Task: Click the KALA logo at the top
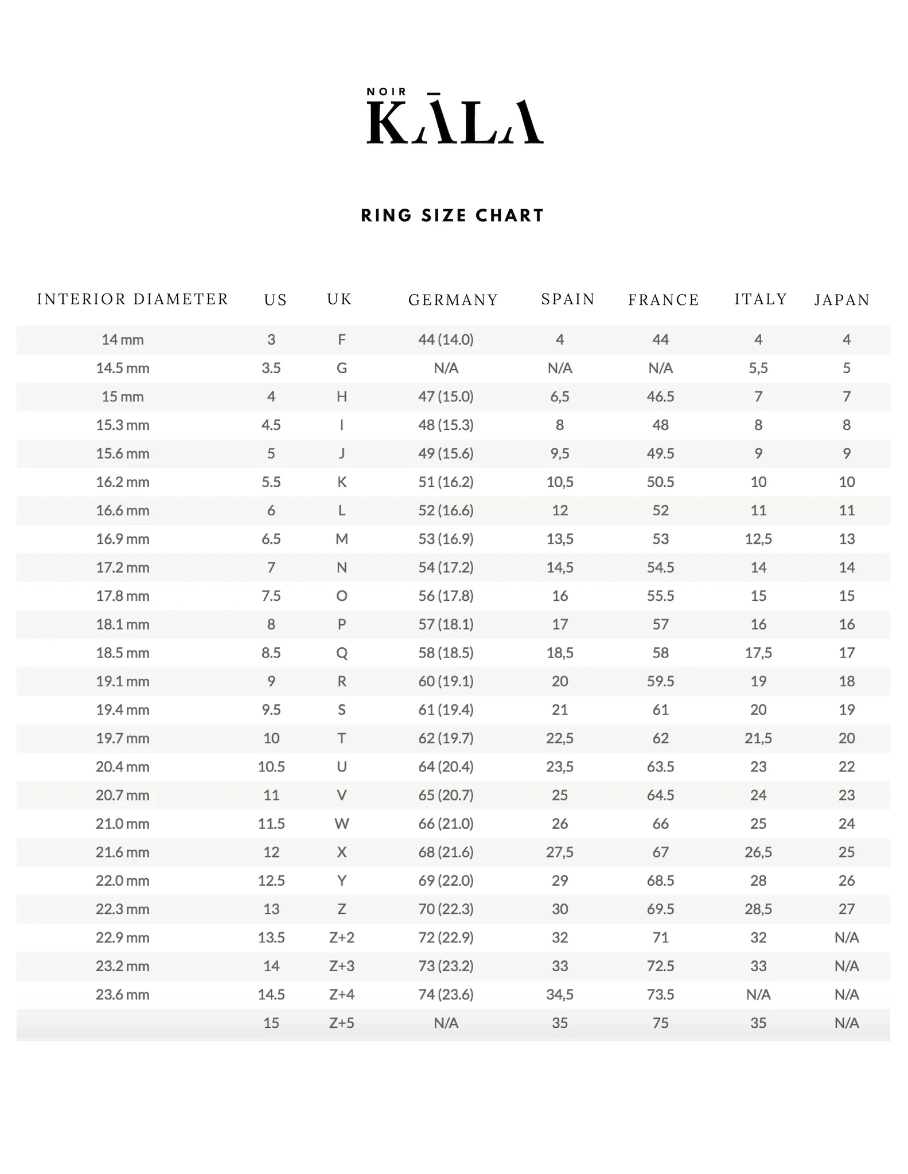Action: click(454, 122)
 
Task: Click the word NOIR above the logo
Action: click(387, 92)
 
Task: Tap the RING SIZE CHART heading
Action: click(453, 216)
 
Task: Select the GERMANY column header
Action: click(453, 300)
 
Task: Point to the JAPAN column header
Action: click(842, 300)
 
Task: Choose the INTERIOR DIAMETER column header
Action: click(133, 299)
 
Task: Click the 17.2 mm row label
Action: click(123, 568)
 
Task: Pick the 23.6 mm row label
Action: click(123, 995)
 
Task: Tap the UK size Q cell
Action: click(342, 653)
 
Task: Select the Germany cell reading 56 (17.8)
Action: click(446, 596)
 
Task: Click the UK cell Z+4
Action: click(342, 995)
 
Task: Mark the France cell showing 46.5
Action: click(660, 397)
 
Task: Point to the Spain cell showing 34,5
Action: click(560, 995)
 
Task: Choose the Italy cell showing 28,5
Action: click(758, 909)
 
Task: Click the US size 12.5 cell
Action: click(271, 880)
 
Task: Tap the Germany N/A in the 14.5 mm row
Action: click(446, 368)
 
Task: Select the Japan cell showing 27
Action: click(847, 909)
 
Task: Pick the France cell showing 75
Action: click(660, 1023)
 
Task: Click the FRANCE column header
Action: click(664, 300)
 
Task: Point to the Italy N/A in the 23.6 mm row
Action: click(758, 995)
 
